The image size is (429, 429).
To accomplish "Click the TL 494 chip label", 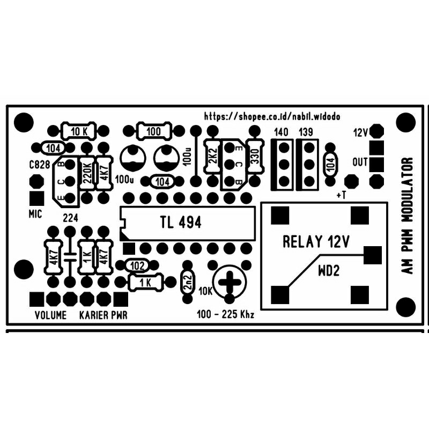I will coord(181,222).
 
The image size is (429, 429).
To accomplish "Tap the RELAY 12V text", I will coord(316,242).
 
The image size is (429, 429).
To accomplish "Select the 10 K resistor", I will coord(79,131).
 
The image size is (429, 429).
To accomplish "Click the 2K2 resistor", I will coord(212,157).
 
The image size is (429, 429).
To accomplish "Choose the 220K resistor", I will coord(86,173).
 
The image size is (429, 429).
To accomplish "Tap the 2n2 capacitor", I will coord(188,282).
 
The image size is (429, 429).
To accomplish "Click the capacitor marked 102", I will coord(137,265).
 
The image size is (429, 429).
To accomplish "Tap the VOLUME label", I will coord(50,315).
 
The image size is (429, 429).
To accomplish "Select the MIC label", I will coord(35,214).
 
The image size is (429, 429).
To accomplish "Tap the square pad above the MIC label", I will coord(36,198).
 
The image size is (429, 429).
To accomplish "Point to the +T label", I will coord(341,195).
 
